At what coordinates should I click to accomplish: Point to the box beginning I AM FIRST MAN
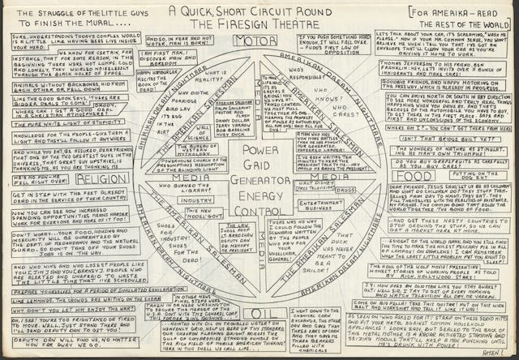point(173,55)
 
